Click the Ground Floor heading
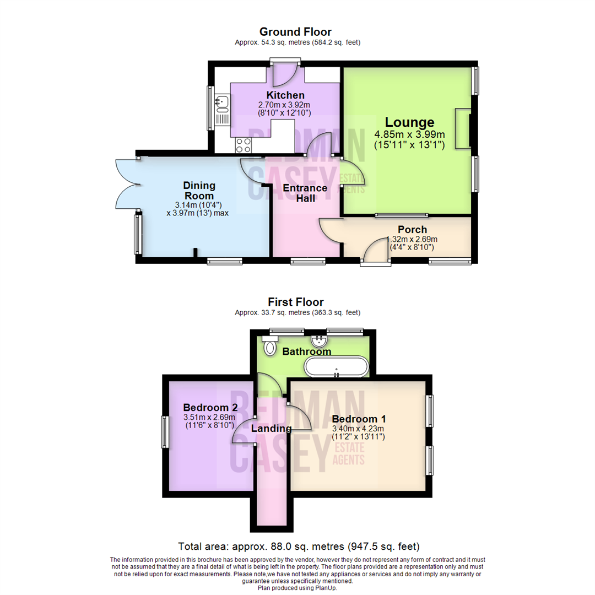click(295, 32)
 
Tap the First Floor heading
click(295, 302)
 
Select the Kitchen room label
click(285, 95)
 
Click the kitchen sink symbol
click(223, 101)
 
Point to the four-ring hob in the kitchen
click(244, 145)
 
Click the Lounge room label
click(409, 122)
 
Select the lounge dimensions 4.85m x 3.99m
click(409, 134)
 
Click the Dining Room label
click(199, 190)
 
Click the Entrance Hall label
click(305, 193)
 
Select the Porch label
click(412, 229)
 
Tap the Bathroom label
click(307, 351)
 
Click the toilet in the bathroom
click(270, 347)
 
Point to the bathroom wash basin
click(318, 339)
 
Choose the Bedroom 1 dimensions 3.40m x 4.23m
click(358, 428)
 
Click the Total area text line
click(299, 547)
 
